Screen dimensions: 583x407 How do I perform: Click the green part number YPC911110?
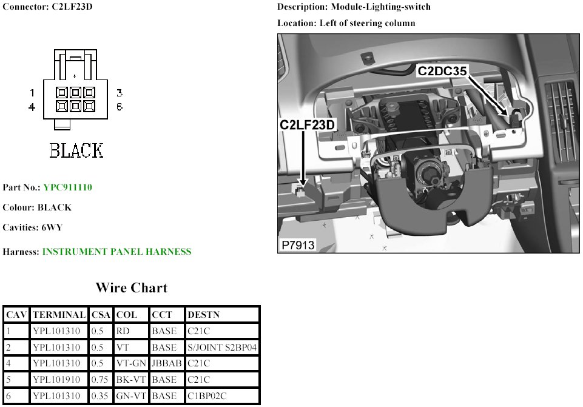(x=68, y=187)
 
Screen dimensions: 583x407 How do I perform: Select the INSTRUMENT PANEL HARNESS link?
(x=116, y=252)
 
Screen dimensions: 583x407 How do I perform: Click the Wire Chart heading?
(x=132, y=288)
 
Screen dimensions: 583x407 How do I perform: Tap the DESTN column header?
(x=203, y=315)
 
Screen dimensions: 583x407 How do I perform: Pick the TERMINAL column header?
(x=59, y=315)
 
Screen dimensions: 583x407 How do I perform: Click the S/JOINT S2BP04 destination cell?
(x=222, y=348)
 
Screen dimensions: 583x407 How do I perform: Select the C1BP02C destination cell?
(x=207, y=396)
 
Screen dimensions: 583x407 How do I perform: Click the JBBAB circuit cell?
(x=167, y=363)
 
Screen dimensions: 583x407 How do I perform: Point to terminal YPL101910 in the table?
(x=56, y=380)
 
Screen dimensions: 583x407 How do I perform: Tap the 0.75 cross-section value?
(x=99, y=380)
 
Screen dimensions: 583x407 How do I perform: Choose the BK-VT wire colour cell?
(x=131, y=380)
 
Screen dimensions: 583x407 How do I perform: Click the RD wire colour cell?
(x=123, y=331)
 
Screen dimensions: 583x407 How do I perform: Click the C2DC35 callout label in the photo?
(x=442, y=71)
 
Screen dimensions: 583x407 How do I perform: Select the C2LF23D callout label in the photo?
(x=307, y=125)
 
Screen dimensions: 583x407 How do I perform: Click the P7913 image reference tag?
(x=298, y=245)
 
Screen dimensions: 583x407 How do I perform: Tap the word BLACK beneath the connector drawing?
(x=76, y=150)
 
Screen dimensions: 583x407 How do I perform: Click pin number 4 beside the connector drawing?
(x=32, y=107)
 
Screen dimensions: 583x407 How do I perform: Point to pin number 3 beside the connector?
(x=120, y=93)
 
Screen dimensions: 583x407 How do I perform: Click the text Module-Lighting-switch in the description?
(x=381, y=7)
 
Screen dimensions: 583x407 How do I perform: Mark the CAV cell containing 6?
(x=8, y=396)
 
